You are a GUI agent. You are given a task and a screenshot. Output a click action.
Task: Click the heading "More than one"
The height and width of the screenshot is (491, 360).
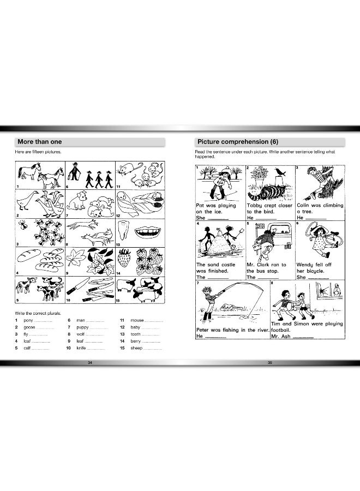pyautogui.click(x=40, y=142)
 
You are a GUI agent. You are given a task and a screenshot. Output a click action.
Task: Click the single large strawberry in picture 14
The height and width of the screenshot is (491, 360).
pyautogui.click(x=125, y=261)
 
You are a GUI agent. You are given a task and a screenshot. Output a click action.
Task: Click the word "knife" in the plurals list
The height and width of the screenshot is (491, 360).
pyautogui.click(x=81, y=348)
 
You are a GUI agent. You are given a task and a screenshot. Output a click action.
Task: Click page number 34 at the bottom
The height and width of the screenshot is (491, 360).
pyautogui.click(x=90, y=362)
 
